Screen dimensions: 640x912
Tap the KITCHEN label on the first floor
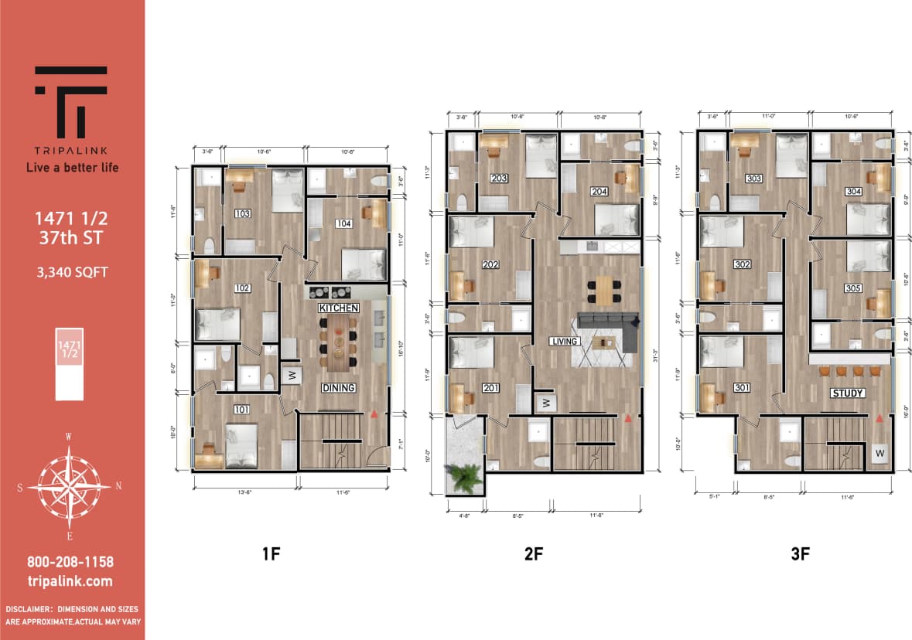click(x=339, y=308)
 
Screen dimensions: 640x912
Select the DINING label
click(x=338, y=387)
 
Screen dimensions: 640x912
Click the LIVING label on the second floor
click(x=564, y=341)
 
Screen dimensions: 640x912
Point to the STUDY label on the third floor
click(x=847, y=393)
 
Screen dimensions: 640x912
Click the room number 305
click(x=853, y=288)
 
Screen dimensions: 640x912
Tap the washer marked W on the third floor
click(x=880, y=452)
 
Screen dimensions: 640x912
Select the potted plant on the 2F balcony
click(x=465, y=477)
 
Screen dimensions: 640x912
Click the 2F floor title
click(x=533, y=553)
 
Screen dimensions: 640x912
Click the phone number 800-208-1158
click(x=71, y=562)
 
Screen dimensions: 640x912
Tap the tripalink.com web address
click(x=71, y=581)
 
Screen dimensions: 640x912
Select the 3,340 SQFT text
click(x=72, y=271)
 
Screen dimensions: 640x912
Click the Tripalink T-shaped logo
click(x=71, y=101)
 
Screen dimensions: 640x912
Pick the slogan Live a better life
click(x=71, y=167)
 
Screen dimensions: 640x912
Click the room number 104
click(x=343, y=223)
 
